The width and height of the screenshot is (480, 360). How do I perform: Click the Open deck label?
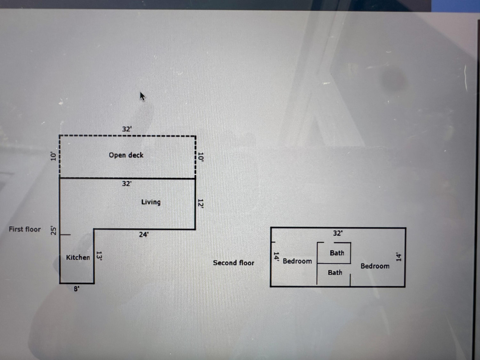(126, 155)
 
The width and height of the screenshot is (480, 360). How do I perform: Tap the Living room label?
(151, 202)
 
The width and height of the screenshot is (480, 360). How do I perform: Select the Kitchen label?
(78, 257)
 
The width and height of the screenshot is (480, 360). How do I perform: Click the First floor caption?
(25, 229)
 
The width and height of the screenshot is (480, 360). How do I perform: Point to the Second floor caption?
(233, 263)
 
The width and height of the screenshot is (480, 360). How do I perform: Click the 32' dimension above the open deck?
(127, 129)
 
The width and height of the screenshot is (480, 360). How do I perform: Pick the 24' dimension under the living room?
(144, 234)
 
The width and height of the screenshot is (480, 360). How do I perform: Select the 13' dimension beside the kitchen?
(99, 255)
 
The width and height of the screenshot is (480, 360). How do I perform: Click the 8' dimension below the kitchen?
(77, 289)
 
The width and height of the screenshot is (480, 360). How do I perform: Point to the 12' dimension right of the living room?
(200, 203)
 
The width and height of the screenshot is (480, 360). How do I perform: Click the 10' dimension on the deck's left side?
(53, 156)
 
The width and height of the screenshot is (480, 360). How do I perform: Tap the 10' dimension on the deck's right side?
(200, 157)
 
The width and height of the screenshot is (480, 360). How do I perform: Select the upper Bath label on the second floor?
(337, 253)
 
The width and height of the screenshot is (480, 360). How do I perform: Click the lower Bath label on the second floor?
(335, 273)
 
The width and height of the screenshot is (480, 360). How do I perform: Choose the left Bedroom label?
(297, 261)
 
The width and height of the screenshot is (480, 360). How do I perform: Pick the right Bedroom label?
(375, 266)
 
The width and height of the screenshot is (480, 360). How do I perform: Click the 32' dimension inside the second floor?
(338, 233)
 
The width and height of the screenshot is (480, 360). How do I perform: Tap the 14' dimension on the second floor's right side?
(398, 256)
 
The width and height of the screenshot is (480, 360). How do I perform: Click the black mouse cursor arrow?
(142, 97)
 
